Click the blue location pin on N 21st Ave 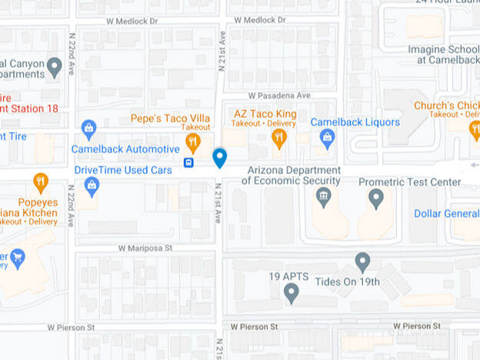[x=219, y=158]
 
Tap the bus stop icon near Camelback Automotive [x=188, y=162]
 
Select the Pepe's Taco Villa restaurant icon [x=192, y=142]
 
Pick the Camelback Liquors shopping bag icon [x=328, y=138]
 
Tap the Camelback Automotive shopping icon [x=89, y=127]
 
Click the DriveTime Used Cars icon [x=92, y=185]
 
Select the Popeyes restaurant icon [x=41, y=182]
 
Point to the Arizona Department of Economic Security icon [x=324, y=198]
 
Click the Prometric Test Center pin [x=376, y=198]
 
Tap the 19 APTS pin [x=291, y=292]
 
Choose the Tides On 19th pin [x=362, y=262]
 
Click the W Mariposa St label [x=145, y=248]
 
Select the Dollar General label [x=446, y=213]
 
